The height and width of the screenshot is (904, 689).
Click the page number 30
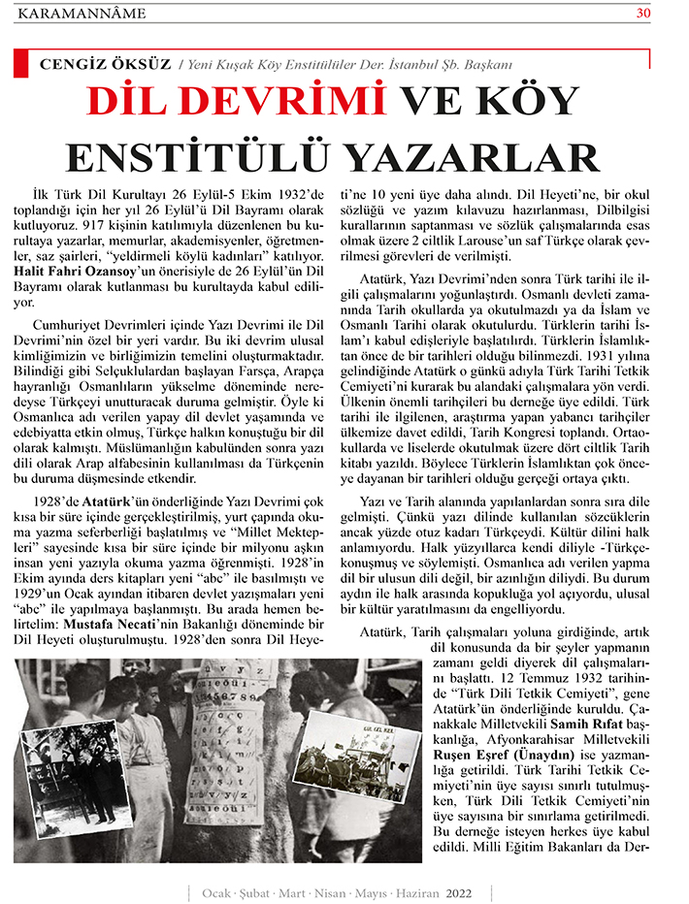pos(643,13)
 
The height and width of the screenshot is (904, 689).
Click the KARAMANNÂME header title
pos(82,14)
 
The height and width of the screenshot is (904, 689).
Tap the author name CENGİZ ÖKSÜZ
pos(105,64)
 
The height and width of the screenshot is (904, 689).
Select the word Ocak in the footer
pos(217,891)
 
